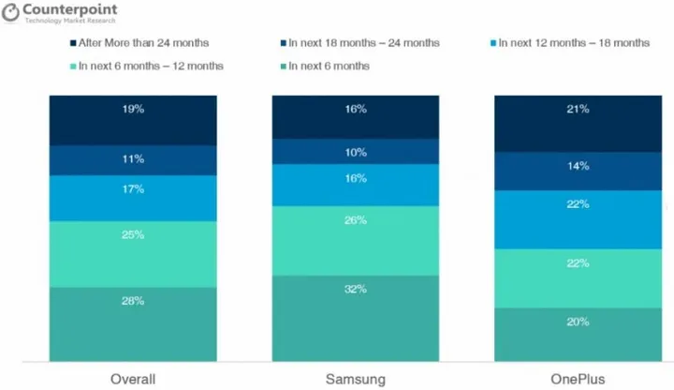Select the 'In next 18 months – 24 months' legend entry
[352, 43]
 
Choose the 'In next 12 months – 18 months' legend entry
[567, 43]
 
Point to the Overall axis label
[132, 377]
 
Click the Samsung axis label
[355, 377]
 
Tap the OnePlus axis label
[577, 377]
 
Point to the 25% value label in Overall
[133, 235]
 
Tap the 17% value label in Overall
[133, 189]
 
